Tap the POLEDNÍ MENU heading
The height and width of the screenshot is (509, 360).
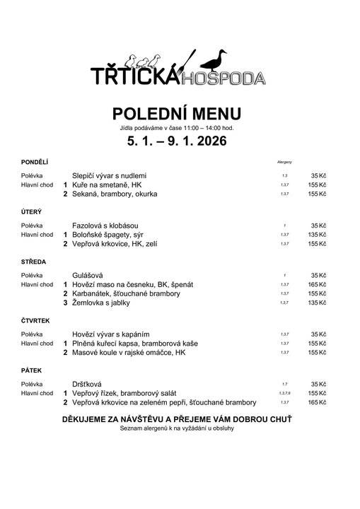(177, 114)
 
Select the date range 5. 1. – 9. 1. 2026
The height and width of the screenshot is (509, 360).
(177, 141)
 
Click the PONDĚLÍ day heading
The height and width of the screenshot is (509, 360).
(35, 163)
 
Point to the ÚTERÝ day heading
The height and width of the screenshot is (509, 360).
(31, 212)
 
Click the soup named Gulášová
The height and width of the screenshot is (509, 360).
(88, 274)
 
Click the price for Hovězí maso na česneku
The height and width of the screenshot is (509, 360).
(317, 284)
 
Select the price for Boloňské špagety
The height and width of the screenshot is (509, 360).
(317, 234)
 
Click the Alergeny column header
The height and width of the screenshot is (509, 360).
(284, 163)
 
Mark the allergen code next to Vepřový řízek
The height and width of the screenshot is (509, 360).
(284, 393)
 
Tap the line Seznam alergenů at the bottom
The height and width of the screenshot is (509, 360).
(177, 428)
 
